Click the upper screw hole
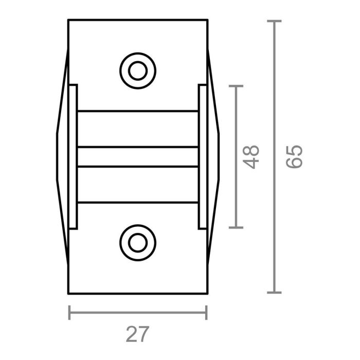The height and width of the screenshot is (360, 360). (x=137, y=70)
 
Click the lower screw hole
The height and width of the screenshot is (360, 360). (x=137, y=242)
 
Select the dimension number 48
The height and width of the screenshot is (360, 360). (x=251, y=156)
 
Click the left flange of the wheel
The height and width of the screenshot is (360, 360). (x=73, y=156)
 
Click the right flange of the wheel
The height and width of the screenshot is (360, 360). (x=203, y=156)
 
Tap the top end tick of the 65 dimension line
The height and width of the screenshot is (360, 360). (x=274, y=21)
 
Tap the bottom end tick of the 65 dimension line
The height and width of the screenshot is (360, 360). (x=274, y=292)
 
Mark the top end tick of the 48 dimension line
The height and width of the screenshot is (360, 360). (x=236, y=86)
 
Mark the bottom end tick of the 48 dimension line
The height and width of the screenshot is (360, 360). (x=236, y=227)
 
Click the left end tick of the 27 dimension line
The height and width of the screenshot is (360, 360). (x=69, y=312)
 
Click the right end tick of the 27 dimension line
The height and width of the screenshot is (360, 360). (x=206, y=312)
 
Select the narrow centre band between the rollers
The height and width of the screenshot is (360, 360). (x=137, y=157)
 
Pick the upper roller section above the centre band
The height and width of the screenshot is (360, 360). (x=137, y=129)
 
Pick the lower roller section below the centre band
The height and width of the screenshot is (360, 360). (x=137, y=184)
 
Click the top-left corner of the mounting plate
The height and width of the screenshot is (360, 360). (x=69, y=20)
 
